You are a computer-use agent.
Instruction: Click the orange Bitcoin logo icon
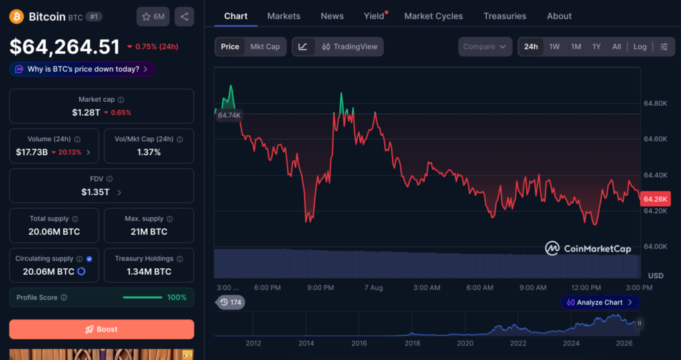17,17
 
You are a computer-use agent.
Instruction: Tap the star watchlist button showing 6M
153,17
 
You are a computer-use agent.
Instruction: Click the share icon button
184,17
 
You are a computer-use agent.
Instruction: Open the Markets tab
283,16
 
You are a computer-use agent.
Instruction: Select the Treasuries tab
505,16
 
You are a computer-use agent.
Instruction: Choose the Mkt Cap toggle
265,47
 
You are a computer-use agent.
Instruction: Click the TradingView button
350,47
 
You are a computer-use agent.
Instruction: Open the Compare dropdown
485,47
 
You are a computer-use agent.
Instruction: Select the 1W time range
554,47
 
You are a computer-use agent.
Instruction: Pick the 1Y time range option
597,47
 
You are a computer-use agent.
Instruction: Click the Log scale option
640,47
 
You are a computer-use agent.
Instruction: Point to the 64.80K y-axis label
655,104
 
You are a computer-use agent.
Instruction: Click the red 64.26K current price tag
655,199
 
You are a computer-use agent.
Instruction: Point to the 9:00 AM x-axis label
533,287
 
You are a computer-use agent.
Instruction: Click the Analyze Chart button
600,302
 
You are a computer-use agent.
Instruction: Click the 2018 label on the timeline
412,343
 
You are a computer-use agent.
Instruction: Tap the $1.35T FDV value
96,192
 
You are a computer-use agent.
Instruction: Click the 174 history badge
230,302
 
